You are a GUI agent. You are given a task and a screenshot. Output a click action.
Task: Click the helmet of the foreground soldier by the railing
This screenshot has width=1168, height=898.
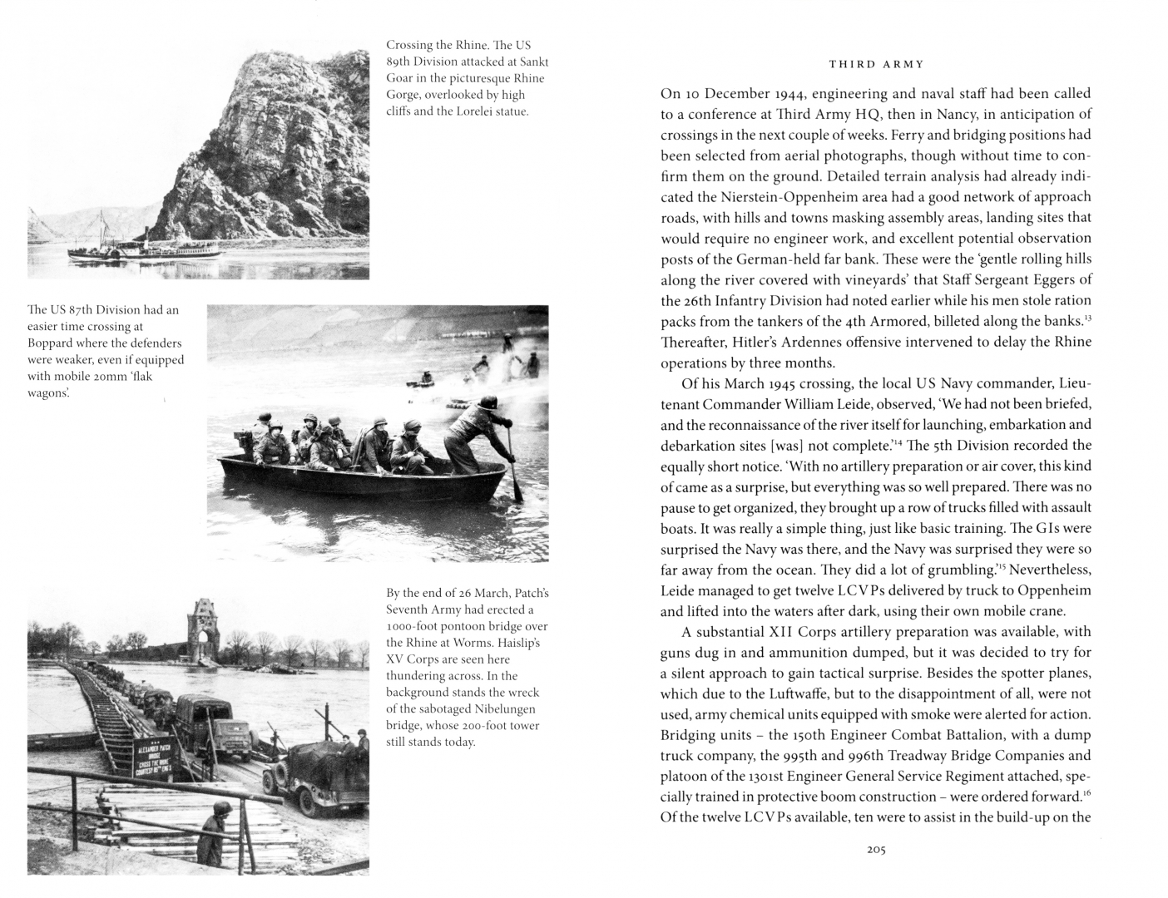tap(222, 812)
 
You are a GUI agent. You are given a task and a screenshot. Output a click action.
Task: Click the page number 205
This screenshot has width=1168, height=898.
tap(875, 850)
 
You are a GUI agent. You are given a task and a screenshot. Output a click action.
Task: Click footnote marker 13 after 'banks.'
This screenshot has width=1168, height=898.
tap(1087, 316)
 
